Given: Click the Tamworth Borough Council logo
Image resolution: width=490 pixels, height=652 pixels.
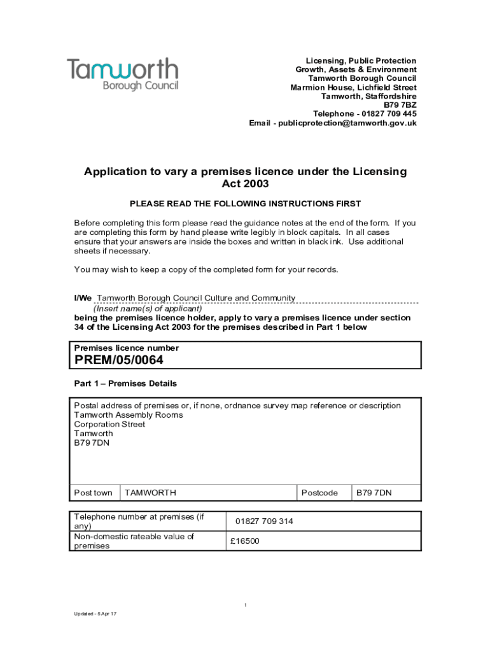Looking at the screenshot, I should click(123, 74).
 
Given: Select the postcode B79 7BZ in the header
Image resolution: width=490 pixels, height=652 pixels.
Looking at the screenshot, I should click(400, 105).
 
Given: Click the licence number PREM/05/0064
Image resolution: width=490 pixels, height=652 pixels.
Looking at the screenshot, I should click(119, 360).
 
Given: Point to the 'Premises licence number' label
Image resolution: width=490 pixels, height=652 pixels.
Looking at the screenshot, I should click(127, 348).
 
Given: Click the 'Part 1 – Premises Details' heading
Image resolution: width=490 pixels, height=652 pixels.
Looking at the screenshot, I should click(125, 384).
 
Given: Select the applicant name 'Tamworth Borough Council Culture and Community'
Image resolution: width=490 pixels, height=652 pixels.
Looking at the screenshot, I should click(195, 298).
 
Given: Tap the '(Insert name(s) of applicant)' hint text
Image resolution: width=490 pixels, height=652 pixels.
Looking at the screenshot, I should click(148, 308).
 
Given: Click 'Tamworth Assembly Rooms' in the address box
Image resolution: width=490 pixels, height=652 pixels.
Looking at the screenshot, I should click(129, 415).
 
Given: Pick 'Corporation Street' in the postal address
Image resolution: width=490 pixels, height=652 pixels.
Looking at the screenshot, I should click(109, 425).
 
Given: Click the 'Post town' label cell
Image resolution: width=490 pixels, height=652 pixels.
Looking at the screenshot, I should click(94, 493).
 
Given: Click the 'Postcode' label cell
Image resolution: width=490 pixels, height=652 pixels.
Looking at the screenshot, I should click(319, 493).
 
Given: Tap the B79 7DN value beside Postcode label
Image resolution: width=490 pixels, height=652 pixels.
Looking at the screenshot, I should click(374, 493).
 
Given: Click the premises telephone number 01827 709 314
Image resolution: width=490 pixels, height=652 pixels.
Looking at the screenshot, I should click(264, 521).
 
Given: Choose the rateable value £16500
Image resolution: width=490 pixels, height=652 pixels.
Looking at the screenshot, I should click(245, 541).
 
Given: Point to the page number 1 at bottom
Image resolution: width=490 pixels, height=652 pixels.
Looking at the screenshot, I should click(245, 605).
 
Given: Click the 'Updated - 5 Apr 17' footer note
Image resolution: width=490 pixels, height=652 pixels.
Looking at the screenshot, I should click(95, 614).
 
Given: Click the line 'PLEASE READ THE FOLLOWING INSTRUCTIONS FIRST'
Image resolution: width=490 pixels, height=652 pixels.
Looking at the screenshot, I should click(245, 204).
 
